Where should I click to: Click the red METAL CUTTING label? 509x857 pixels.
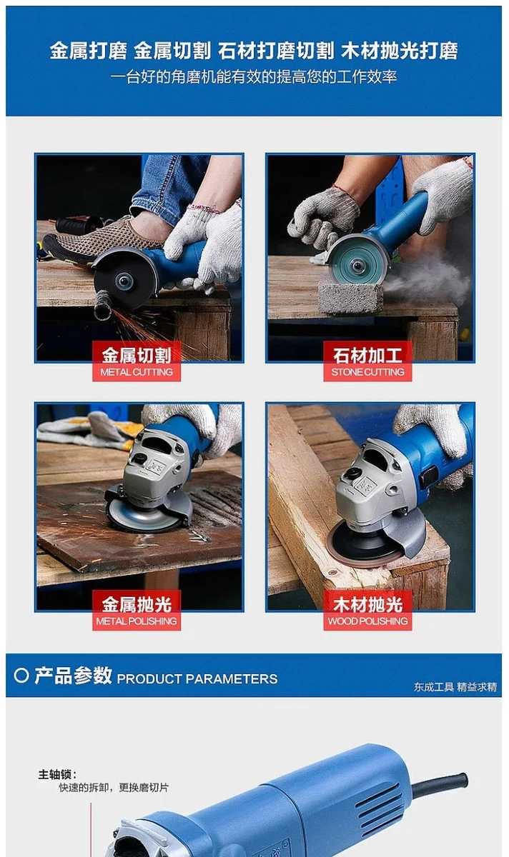[137, 361]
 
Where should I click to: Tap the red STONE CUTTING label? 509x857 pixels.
[367, 361]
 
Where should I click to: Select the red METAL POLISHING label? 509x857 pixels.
[137, 610]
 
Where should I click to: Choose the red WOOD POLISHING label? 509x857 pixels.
[367, 610]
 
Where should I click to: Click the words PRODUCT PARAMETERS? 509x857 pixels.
[197, 679]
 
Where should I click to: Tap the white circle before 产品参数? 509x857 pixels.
[21, 676]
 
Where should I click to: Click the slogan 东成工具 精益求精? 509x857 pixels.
[455, 687]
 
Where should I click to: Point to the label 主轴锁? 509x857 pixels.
[57, 775]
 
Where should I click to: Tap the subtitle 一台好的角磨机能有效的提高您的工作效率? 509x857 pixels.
[254, 77]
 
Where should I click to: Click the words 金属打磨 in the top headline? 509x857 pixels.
[89, 51]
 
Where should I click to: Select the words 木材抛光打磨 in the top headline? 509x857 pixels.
[400, 51]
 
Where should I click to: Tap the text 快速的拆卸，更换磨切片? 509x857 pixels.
[114, 787]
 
